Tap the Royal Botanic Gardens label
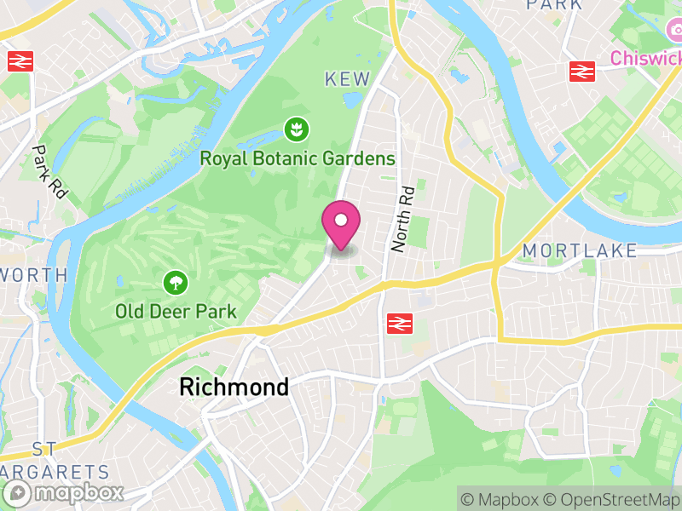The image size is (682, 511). coord(298,158)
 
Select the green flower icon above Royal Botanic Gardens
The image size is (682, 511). coord(297,130)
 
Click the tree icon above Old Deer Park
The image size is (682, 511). coord(176,283)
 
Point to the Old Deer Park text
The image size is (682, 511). coord(176,312)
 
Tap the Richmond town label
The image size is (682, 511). coord(234,388)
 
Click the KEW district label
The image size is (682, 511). coord(348,79)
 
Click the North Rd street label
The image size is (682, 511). coord(402,218)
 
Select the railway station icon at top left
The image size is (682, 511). coord(20,61)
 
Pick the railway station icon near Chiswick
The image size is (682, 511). coord(582,72)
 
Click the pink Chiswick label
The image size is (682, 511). coord(646,58)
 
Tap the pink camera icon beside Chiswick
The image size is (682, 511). coord(673,31)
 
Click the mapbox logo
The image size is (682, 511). coord(66,492)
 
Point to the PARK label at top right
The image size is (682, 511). coord(555,5)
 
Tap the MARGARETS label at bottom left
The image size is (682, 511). coord(55,471)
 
